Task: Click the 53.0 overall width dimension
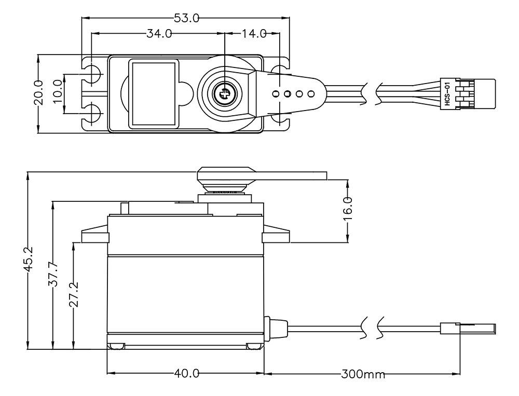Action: tap(186, 18)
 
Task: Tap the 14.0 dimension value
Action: tap(253, 34)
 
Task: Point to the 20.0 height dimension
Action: tap(38, 93)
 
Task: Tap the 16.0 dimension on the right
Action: tap(347, 209)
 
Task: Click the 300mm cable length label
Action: tap(363, 374)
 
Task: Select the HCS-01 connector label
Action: tap(447, 94)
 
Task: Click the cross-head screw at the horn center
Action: tap(224, 94)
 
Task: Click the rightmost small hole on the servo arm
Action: tap(311, 94)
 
